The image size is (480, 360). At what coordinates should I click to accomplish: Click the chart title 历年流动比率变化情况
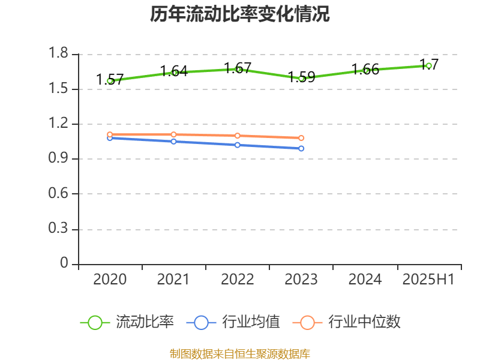(x=240, y=14)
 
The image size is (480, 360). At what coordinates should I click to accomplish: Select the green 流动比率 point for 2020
(x=110, y=80)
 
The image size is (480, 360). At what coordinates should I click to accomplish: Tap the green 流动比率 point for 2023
(x=301, y=78)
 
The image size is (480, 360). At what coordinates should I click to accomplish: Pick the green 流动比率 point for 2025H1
(x=428, y=65)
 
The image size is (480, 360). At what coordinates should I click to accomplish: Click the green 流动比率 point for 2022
(x=238, y=69)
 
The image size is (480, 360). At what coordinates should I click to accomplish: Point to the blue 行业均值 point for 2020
(x=110, y=138)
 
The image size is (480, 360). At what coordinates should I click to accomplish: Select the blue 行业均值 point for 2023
(x=301, y=148)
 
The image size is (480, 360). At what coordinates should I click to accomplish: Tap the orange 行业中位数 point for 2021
(x=173, y=134)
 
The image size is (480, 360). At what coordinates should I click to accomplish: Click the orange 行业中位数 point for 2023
(x=301, y=138)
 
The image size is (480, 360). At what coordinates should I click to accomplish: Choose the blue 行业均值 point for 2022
(x=238, y=145)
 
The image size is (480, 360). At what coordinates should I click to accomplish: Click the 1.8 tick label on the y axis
(x=59, y=54)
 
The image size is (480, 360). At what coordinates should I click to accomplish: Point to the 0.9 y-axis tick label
(x=59, y=159)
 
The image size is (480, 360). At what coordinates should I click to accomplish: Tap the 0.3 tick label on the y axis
(x=59, y=229)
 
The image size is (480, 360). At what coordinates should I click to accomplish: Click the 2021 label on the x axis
(x=173, y=280)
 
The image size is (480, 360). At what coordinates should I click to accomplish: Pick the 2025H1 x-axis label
(x=428, y=280)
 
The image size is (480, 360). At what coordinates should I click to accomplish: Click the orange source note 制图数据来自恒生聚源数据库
(x=240, y=353)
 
